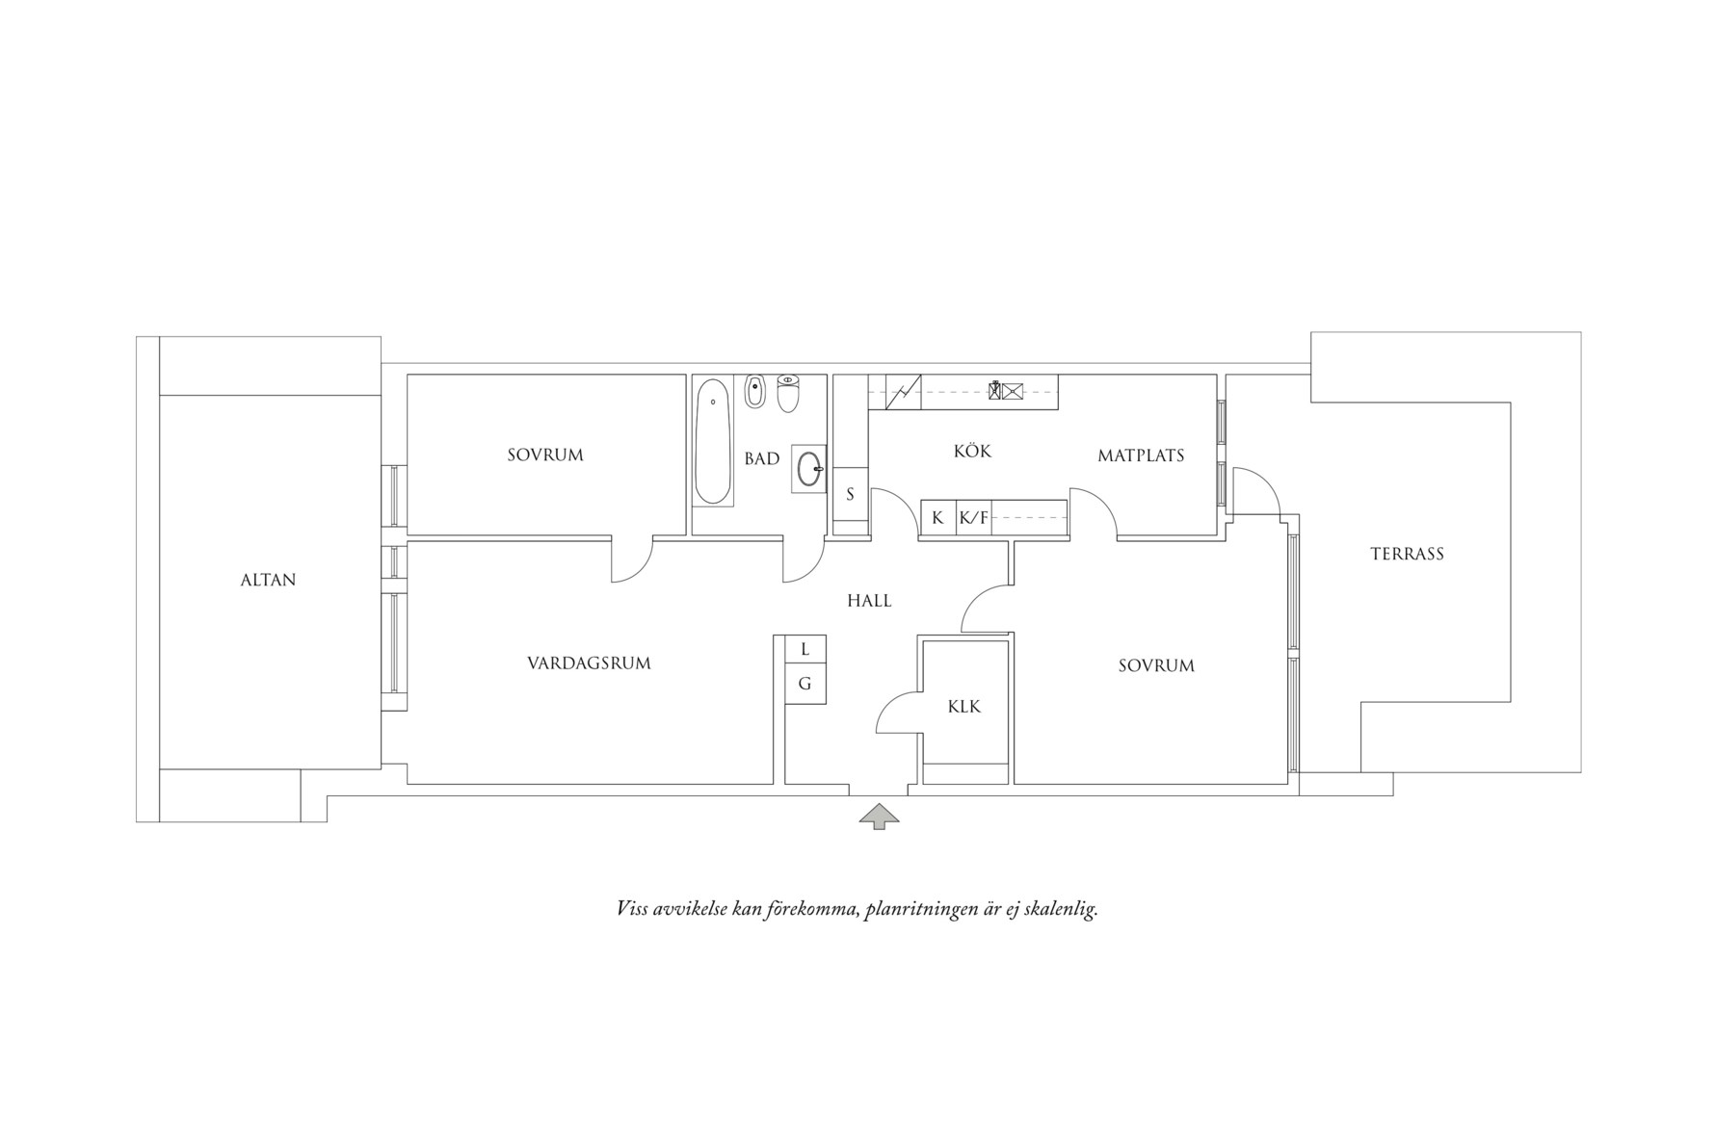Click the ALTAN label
pyautogui.click(x=268, y=580)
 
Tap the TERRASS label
pyautogui.click(x=1407, y=554)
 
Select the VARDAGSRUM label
pyautogui.click(x=589, y=663)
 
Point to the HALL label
pyautogui.click(x=869, y=601)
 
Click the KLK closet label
pyautogui.click(x=963, y=707)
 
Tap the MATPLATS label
pyautogui.click(x=1141, y=455)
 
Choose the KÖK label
pyautogui.click(x=972, y=451)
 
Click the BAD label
pyautogui.click(x=761, y=459)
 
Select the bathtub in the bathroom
pyautogui.click(x=713, y=442)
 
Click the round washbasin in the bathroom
pyautogui.click(x=809, y=469)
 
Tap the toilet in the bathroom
pyautogui.click(x=788, y=393)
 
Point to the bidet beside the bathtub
pyautogui.click(x=754, y=391)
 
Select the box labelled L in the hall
pyautogui.click(x=805, y=649)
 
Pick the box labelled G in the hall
pyautogui.click(x=805, y=684)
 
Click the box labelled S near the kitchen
pyautogui.click(x=851, y=494)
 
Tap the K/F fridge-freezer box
pyautogui.click(x=973, y=517)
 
